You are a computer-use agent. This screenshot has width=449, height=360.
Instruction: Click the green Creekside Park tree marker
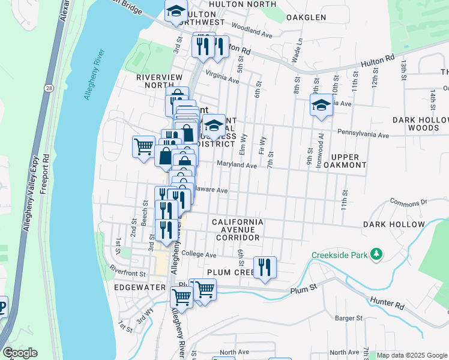[376, 254]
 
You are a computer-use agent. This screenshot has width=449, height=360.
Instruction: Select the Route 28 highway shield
[47, 88]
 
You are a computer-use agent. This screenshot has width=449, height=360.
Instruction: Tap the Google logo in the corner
[20, 353]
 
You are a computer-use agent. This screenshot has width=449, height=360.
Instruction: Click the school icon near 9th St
[321, 106]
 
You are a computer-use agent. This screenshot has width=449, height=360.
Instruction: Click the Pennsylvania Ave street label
[363, 133]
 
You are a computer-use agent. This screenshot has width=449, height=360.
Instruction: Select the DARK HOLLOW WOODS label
[424, 124]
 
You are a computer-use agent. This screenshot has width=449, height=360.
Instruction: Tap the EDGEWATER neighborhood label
[139, 287]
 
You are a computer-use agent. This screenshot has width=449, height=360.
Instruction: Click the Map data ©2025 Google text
[412, 355]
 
